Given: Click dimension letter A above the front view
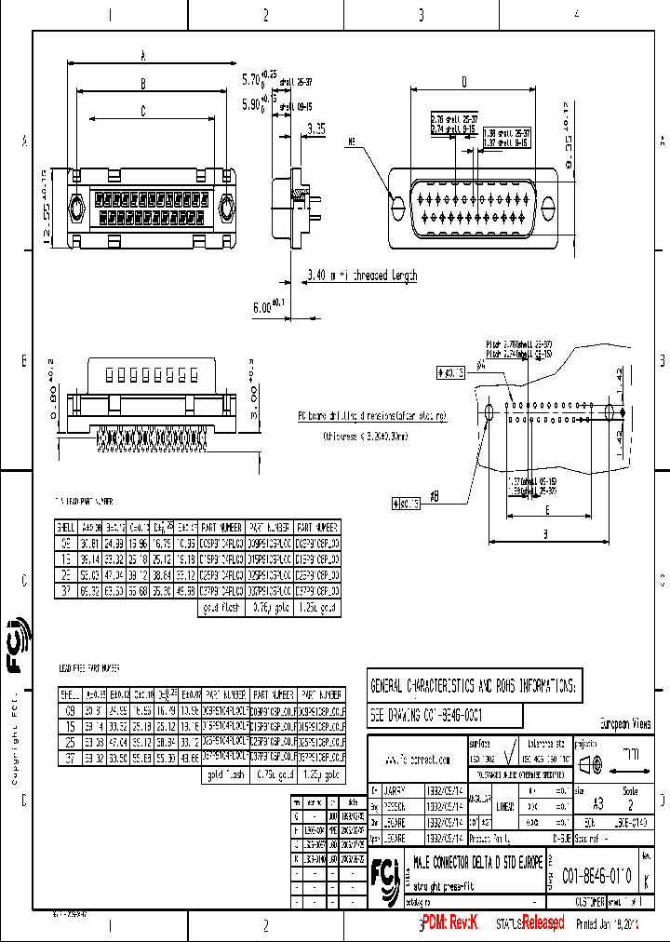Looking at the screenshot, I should [142, 56].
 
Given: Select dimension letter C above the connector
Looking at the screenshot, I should [142, 111].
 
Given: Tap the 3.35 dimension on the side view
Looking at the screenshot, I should [317, 131].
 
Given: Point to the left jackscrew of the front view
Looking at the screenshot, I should [78, 206].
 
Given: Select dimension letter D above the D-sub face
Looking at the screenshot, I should [462, 82].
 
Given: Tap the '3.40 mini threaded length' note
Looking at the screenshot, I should [363, 276].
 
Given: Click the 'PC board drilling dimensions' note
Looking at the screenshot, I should [371, 416].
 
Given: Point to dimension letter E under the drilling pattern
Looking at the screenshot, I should [547, 510].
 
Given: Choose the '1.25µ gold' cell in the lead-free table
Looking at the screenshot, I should [324, 774].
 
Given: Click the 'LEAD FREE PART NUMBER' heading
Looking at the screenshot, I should [88, 667].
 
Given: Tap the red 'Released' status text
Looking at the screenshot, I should [543, 922].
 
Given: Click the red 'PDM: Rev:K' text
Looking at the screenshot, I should [449, 922].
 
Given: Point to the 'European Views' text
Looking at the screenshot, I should [624, 723].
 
